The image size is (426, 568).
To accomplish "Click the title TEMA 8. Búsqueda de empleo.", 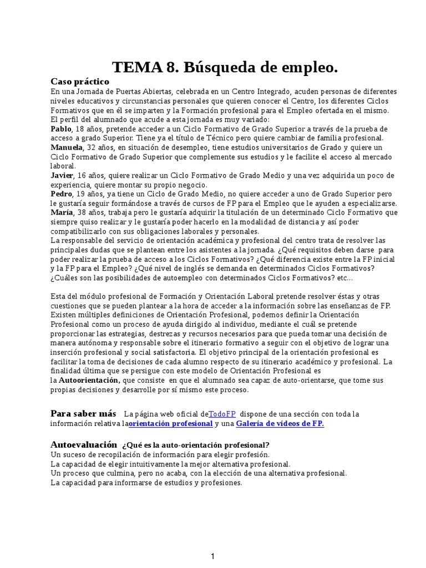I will point(225,68).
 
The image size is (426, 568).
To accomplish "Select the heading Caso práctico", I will point(80,82).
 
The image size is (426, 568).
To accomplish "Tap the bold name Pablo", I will point(61,129).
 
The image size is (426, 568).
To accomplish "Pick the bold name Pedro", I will point(61,194).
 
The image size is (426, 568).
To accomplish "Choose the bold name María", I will point(61,212).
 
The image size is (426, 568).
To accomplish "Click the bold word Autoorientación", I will point(89,381).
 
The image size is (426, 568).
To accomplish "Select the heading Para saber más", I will point(83,414).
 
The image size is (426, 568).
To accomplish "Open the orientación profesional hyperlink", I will point(170,424).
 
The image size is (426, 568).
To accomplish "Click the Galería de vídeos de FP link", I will point(280,424).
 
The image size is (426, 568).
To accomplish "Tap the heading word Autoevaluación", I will point(84,445).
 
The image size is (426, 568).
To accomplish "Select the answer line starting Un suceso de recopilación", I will point(144,454).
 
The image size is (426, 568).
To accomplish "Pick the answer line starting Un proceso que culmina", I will point(198,473).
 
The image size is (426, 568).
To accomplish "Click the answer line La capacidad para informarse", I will point(146,483).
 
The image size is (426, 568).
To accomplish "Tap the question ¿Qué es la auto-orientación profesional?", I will point(196,445).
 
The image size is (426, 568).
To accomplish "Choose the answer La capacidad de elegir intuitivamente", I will point(170,464).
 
